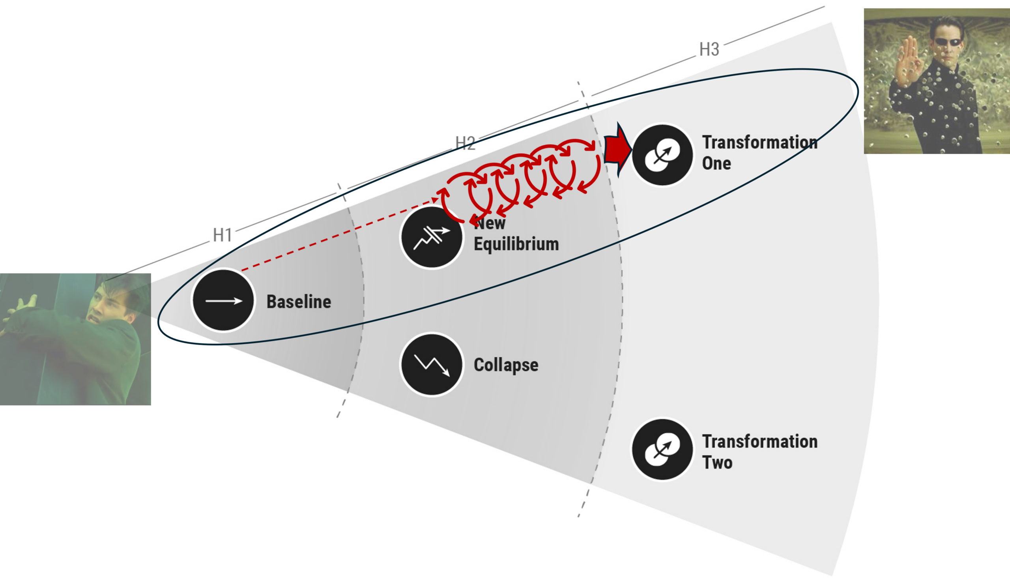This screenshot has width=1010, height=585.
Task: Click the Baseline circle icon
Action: (223, 300)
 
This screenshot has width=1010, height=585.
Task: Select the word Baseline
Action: (299, 302)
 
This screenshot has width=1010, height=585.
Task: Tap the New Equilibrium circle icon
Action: (432, 237)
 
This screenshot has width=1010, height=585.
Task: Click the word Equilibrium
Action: (516, 244)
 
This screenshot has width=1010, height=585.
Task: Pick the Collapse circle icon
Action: (432, 364)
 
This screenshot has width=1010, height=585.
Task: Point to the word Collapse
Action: (506, 365)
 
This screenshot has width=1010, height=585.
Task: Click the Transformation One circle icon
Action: (662, 155)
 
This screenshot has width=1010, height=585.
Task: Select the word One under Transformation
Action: (716, 163)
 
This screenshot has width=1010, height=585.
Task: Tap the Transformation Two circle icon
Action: (662, 450)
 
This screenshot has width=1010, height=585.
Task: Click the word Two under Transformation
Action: (717, 463)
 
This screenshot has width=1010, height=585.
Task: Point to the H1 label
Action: (223, 235)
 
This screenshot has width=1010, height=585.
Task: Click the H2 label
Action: (465, 143)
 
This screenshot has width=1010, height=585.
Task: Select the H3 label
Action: (709, 49)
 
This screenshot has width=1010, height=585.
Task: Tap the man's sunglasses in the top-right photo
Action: (948, 42)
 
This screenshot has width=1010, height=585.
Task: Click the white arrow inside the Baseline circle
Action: (224, 301)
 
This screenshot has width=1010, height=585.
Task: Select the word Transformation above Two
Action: (759, 441)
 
